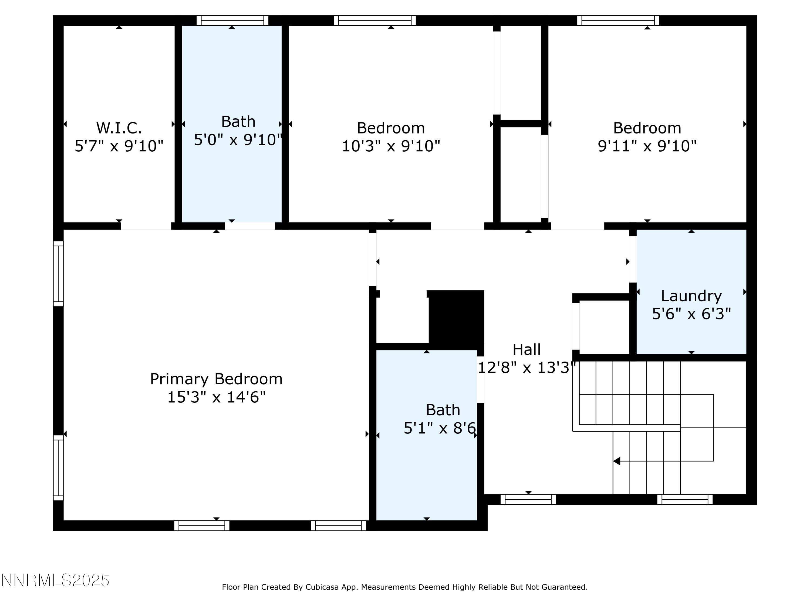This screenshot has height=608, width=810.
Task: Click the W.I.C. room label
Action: click(119, 128)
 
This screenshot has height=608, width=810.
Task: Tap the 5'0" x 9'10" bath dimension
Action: click(238, 140)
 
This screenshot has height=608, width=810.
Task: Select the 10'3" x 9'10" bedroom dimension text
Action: click(391, 146)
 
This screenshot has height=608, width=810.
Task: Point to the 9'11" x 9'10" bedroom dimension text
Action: click(647, 146)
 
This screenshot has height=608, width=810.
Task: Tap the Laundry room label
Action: click(691, 295)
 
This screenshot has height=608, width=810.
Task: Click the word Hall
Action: click(526, 349)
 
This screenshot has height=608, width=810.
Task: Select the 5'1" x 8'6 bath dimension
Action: click(439, 428)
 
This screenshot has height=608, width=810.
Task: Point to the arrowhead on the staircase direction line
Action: click(617, 461)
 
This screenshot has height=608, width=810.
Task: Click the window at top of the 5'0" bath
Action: click(232, 21)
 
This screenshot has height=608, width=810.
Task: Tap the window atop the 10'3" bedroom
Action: click(374, 21)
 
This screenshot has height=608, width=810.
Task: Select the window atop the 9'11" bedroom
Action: click(618, 21)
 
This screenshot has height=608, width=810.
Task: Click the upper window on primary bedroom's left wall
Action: click(58, 273)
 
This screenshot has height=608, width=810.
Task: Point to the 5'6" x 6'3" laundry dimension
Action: click(691, 314)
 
